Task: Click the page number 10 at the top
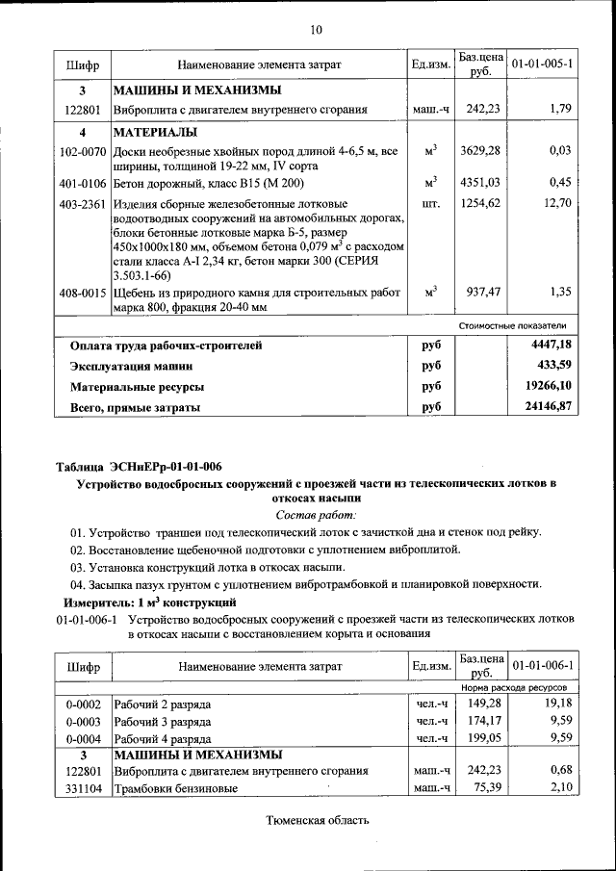tap(316, 31)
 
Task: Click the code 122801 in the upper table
tap(83, 110)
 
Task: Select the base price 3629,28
tap(479, 151)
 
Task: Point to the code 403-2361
tap(83, 204)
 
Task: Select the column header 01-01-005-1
tap(543, 64)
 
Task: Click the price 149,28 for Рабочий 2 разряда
tap(479, 704)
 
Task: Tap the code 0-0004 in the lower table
tap(83, 738)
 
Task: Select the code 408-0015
tap(83, 292)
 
